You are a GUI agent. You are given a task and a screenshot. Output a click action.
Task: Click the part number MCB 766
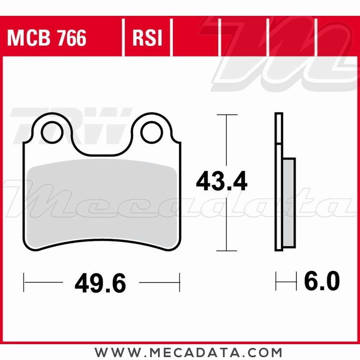tap(47, 38)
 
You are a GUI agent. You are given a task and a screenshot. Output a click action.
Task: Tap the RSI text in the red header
tap(148, 38)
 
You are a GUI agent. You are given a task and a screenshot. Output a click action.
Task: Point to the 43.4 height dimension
tap(222, 182)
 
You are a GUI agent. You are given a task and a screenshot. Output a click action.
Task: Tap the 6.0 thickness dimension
tap(322, 282)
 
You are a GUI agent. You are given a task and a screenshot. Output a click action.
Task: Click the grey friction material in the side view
tap(289, 203)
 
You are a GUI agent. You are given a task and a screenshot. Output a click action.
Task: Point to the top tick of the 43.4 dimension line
tap(226, 115)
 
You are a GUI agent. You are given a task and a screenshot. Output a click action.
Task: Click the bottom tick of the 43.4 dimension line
tap(226, 251)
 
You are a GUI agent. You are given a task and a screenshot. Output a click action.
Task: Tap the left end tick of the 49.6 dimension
tap(24, 282)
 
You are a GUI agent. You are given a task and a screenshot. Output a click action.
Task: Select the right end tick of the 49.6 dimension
tap(179, 282)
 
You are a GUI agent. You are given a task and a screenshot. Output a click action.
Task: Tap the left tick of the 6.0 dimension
tap(276, 282)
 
